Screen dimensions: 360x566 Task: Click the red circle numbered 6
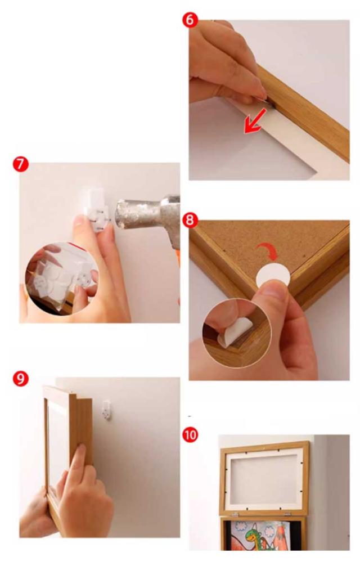190,20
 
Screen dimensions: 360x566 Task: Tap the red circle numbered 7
20,164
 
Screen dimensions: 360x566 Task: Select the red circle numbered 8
190,220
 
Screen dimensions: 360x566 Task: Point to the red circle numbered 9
20,379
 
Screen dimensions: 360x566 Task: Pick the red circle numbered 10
190,434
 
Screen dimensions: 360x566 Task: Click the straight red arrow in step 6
255,120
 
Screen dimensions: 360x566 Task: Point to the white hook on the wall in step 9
106,410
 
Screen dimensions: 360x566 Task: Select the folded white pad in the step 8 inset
234,333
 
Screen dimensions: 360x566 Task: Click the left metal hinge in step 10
235,514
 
